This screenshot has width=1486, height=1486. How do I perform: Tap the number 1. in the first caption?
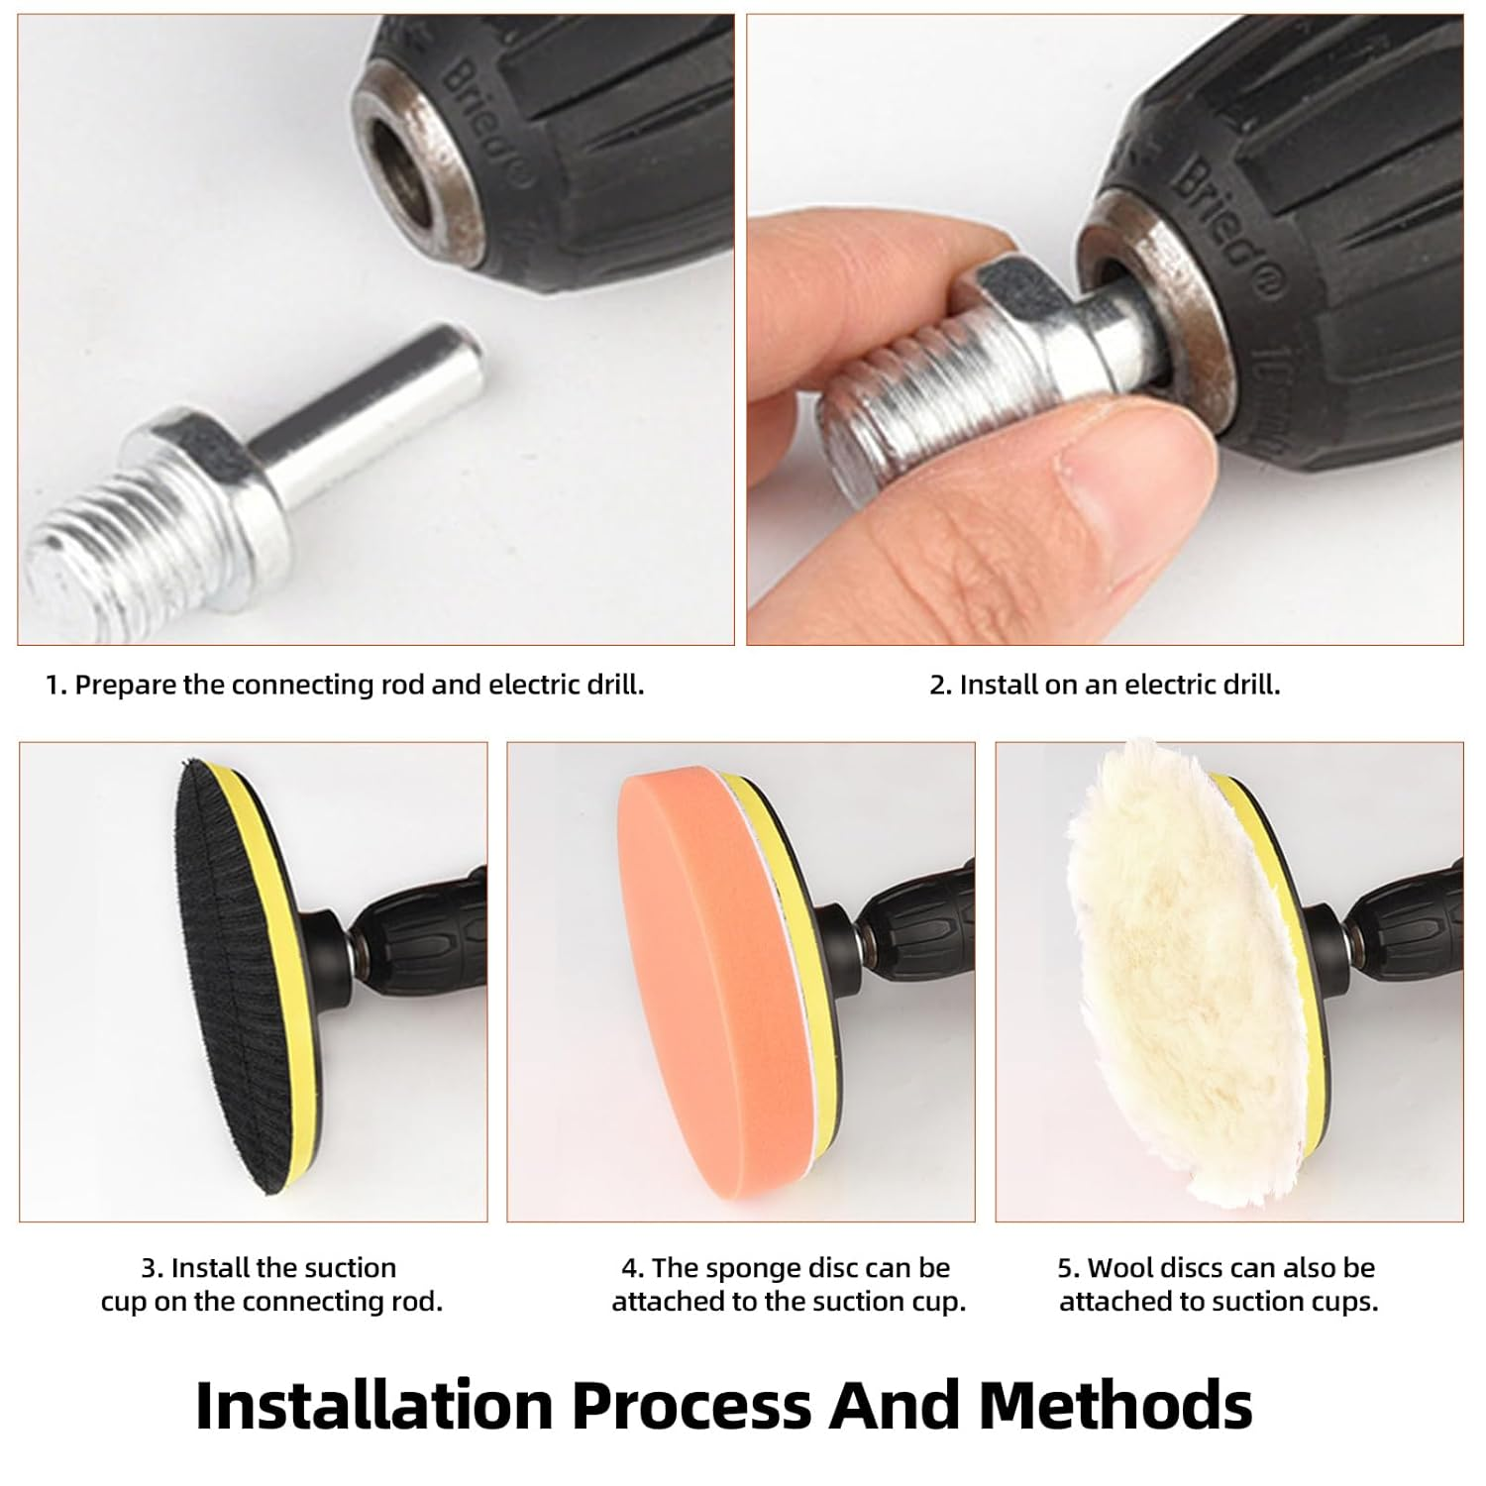tap(56, 685)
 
